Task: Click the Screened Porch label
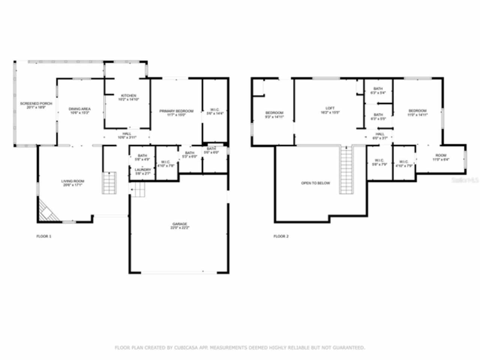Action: point(36,105)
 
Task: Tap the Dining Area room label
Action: point(79,111)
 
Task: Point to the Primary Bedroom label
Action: point(176,112)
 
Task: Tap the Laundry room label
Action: point(142,171)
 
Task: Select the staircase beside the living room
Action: point(109,183)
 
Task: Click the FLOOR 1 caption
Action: point(43,236)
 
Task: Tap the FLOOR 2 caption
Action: point(281,236)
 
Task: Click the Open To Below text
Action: point(316,183)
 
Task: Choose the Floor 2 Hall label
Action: point(380,136)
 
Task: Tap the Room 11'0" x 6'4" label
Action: point(441,157)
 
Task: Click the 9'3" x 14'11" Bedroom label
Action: point(274,115)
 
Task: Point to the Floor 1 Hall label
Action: point(127,135)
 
